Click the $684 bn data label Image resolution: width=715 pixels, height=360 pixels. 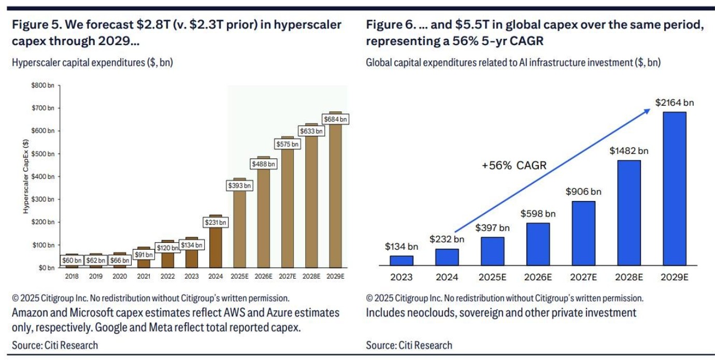pos(336,120)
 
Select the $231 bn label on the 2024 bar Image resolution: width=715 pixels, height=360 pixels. pos(216,223)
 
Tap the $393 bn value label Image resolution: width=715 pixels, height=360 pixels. pos(240,185)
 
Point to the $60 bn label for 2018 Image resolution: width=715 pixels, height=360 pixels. pos(71,260)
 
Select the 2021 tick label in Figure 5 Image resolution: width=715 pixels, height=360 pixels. pos(144,277)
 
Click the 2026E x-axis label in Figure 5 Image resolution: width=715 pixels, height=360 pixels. pos(264,277)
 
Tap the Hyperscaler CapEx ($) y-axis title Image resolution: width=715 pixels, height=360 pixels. pos(25,177)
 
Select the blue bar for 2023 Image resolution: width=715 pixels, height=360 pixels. pos(402,261)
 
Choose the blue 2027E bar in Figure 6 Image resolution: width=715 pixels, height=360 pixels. pos(583,234)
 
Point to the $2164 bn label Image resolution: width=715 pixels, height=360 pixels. pos(674,103)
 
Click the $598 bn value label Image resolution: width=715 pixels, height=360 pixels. pos(538,213)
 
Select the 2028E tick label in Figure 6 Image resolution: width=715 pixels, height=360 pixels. pos(629,277)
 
